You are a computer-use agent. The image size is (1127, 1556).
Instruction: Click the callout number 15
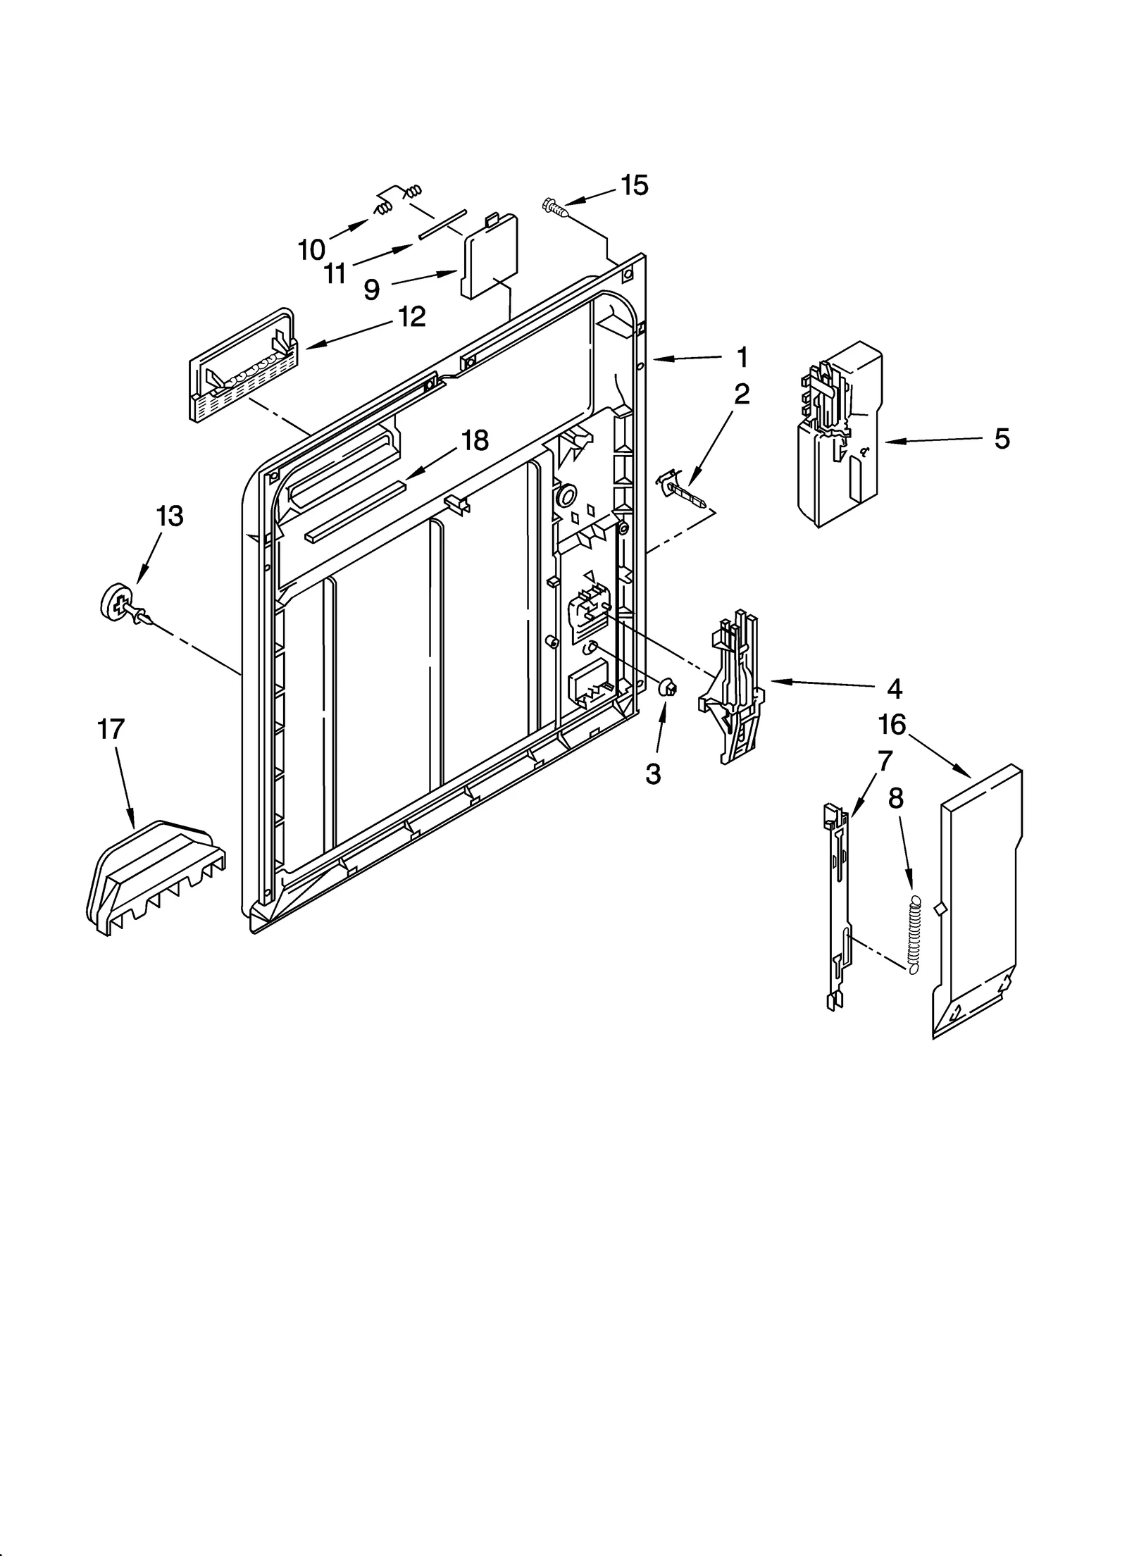click(634, 185)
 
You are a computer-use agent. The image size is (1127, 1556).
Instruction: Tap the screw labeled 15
click(554, 207)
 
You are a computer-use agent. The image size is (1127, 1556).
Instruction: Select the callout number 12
click(412, 317)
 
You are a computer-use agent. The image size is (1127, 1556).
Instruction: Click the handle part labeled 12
click(243, 366)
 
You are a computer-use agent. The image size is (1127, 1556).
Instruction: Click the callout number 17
click(110, 730)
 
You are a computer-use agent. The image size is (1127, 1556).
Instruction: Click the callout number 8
click(895, 799)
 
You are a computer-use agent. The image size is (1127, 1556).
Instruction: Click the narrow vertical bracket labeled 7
click(837, 909)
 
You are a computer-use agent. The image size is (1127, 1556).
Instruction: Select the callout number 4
click(894, 688)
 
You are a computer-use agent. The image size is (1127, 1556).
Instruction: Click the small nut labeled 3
click(667, 687)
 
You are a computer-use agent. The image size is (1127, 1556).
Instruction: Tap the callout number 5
click(1002, 438)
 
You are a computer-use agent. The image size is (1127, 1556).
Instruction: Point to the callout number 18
click(475, 441)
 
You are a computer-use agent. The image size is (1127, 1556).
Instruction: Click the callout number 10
click(311, 249)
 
